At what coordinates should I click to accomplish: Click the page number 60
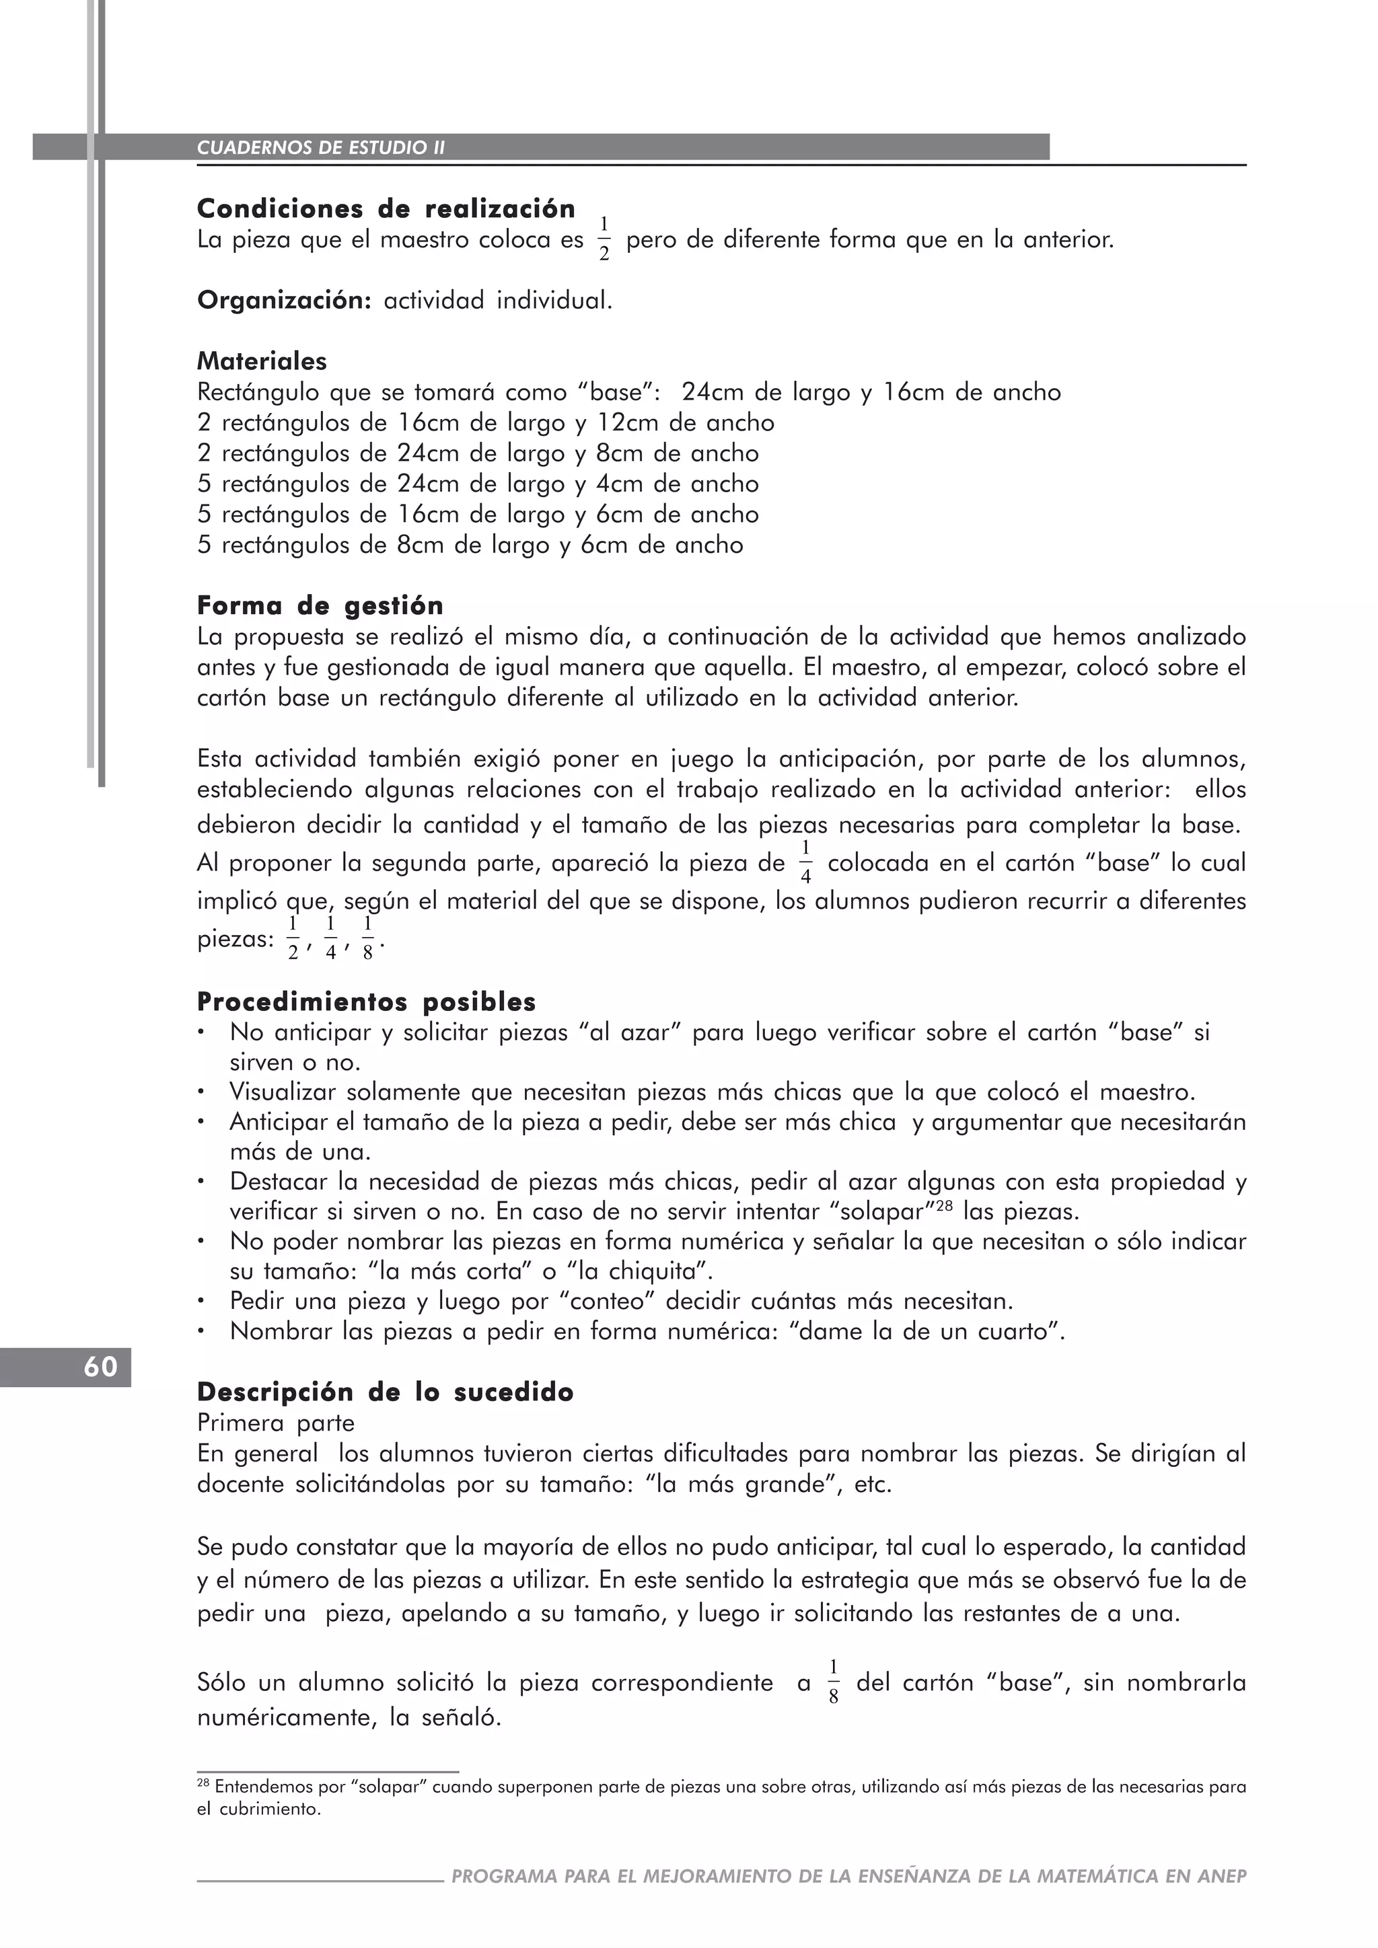pyautogui.click(x=100, y=1367)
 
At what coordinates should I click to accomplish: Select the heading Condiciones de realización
pyautogui.click(x=386, y=209)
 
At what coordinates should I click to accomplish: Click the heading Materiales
pyautogui.click(x=261, y=361)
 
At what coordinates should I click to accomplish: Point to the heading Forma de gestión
pyautogui.click(x=320, y=606)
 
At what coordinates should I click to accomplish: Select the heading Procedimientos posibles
pyautogui.click(x=366, y=1002)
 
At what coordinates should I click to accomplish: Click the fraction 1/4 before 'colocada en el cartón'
pyautogui.click(x=805, y=862)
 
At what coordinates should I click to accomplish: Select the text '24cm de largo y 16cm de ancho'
pyautogui.click(x=871, y=392)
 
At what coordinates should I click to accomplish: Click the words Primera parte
pyautogui.click(x=276, y=1423)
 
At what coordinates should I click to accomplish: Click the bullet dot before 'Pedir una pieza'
pyautogui.click(x=201, y=1302)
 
